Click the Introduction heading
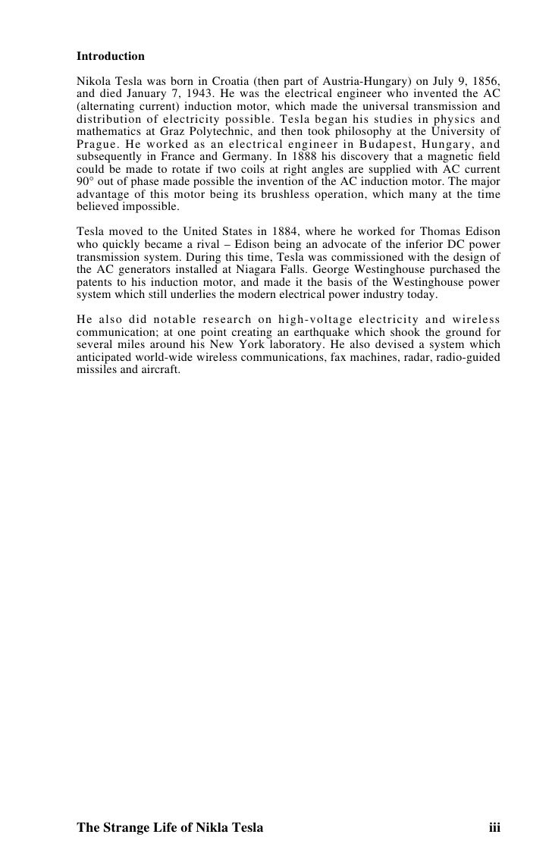click(x=111, y=56)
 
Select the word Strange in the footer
click(x=126, y=827)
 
